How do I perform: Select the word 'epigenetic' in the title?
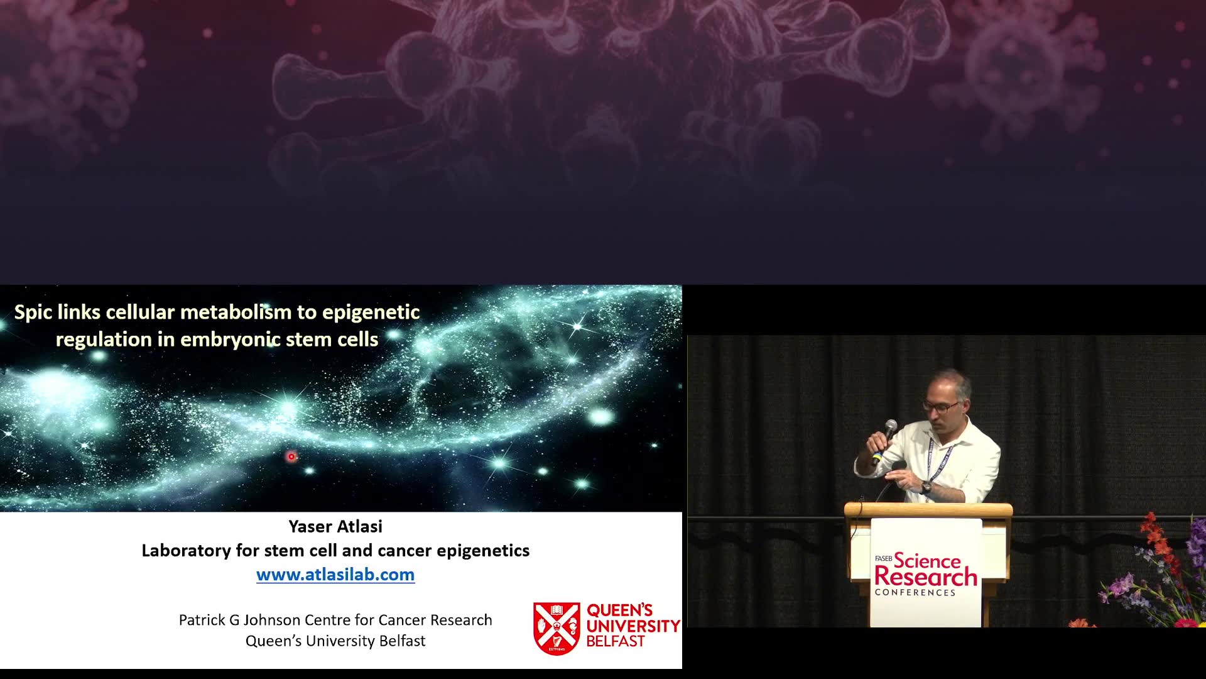click(371, 312)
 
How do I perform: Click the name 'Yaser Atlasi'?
click(335, 526)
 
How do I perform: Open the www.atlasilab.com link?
click(335, 574)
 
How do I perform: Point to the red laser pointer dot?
click(291, 456)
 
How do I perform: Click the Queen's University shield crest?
click(557, 628)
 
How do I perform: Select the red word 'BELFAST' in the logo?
click(616, 641)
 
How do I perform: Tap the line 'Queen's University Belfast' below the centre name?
click(335, 641)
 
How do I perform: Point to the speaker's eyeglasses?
click(940, 407)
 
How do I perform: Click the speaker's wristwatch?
click(926, 487)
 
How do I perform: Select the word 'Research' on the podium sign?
click(926, 576)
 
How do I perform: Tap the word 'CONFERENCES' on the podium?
click(915, 592)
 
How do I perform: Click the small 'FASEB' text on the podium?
click(883, 558)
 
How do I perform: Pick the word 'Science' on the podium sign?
click(927, 560)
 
